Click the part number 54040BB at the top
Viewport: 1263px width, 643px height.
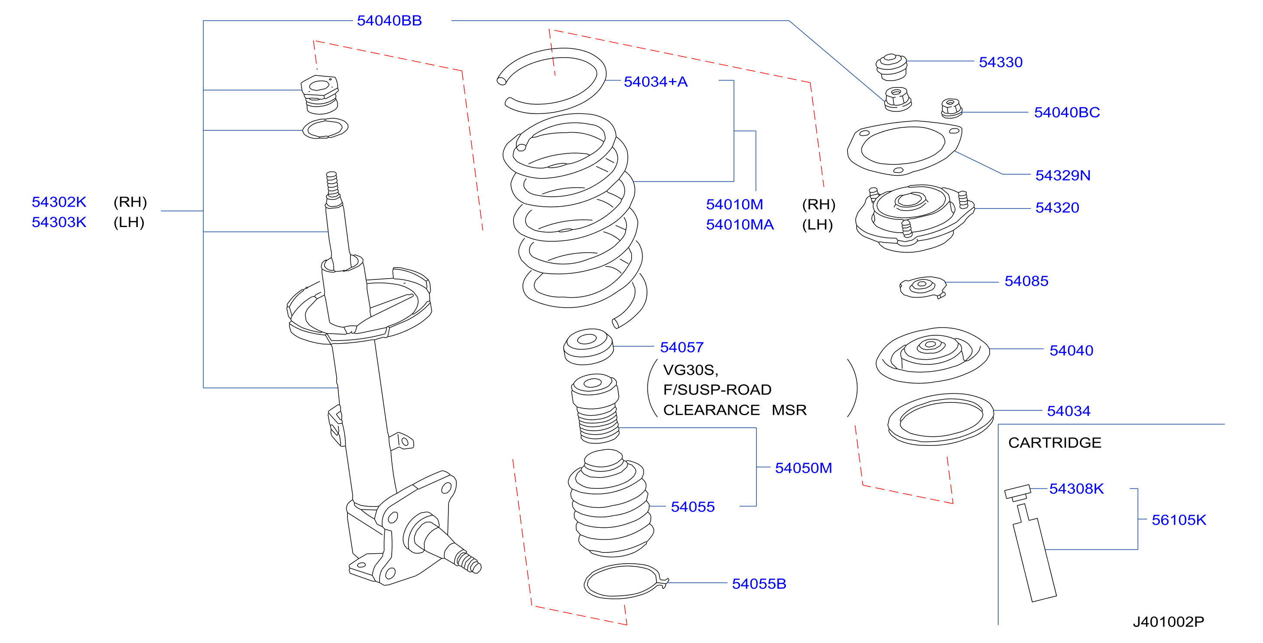pyautogui.click(x=389, y=21)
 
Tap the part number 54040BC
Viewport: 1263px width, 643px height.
pyautogui.click(x=1067, y=112)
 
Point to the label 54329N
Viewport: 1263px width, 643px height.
pyautogui.click(x=1062, y=175)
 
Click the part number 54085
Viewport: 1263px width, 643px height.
pyautogui.click(x=1026, y=281)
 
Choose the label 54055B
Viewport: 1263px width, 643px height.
pyautogui.click(x=759, y=584)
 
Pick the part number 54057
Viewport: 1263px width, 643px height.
pyautogui.click(x=682, y=347)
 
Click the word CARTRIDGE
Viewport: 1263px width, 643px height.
pyautogui.click(x=1055, y=442)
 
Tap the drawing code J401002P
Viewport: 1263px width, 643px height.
pyautogui.click(x=1169, y=622)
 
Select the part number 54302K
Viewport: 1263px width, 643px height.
pyautogui.click(x=59, y=202)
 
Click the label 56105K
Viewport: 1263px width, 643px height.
pyautogui.click(x=1179, y=520)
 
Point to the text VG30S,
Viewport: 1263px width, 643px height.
pyautogui.click(x=690, y=370)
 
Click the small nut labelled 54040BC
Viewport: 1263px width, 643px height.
pyautogui.click(x=951, y=108)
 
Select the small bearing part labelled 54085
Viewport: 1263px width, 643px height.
pyautogui.click(x=922, y=287)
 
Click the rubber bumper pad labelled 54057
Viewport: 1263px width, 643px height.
pyautogui.click(x=588, y=346)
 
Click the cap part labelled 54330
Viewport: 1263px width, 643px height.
pyautogui.click(x=891, y=67)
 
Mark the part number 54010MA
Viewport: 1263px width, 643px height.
pyautogui.click(x=739, y=224)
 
